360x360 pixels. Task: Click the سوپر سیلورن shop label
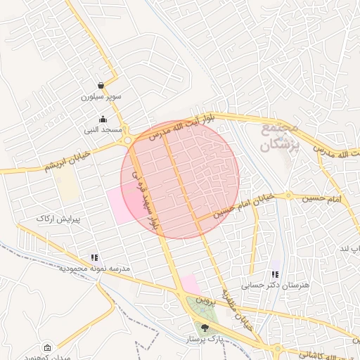coord(101,96)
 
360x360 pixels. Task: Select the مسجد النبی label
coord(103,130)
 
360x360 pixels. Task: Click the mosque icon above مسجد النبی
coord(103,120)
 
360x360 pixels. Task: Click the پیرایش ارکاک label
coord(59,219)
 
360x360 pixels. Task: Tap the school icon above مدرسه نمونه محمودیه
coord(94,258)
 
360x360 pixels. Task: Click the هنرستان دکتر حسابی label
coord(276,285)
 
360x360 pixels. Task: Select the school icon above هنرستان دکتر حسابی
coord(276,275)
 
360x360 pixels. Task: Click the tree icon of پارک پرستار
coord(205,327)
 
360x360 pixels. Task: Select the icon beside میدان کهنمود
coord(47,348)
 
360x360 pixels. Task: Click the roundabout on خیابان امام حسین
coord(288,195)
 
